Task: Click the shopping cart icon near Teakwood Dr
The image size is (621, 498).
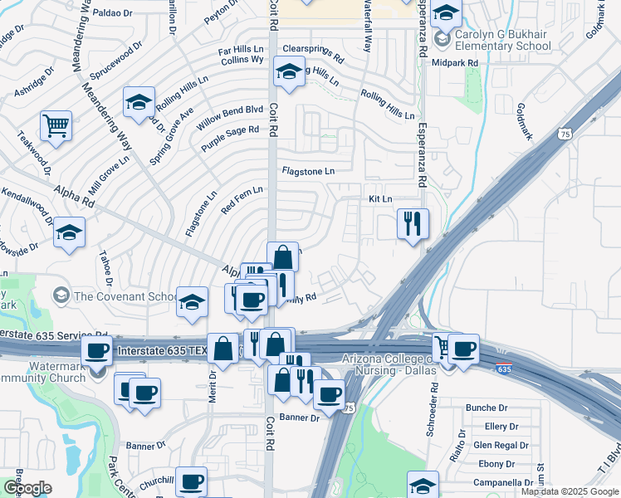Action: click(56, 126)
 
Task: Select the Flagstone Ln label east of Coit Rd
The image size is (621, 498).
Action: click(308, 171)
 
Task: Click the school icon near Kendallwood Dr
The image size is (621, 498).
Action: click(70, 233)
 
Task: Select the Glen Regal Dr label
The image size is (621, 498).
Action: click(501, 445)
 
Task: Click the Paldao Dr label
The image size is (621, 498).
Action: click(113, 13)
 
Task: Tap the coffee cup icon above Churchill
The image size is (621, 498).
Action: click(192, 481)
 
